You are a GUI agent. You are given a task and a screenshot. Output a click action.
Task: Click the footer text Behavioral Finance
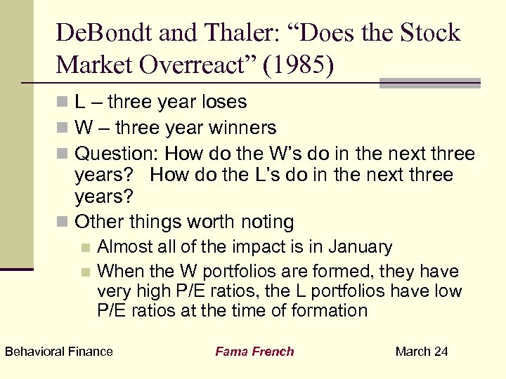[58, 352]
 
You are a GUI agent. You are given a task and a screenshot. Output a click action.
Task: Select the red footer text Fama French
[254, 352]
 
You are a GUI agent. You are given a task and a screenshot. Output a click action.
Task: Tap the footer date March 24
[422, 352]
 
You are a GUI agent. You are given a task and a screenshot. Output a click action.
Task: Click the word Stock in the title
[429, 33]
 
